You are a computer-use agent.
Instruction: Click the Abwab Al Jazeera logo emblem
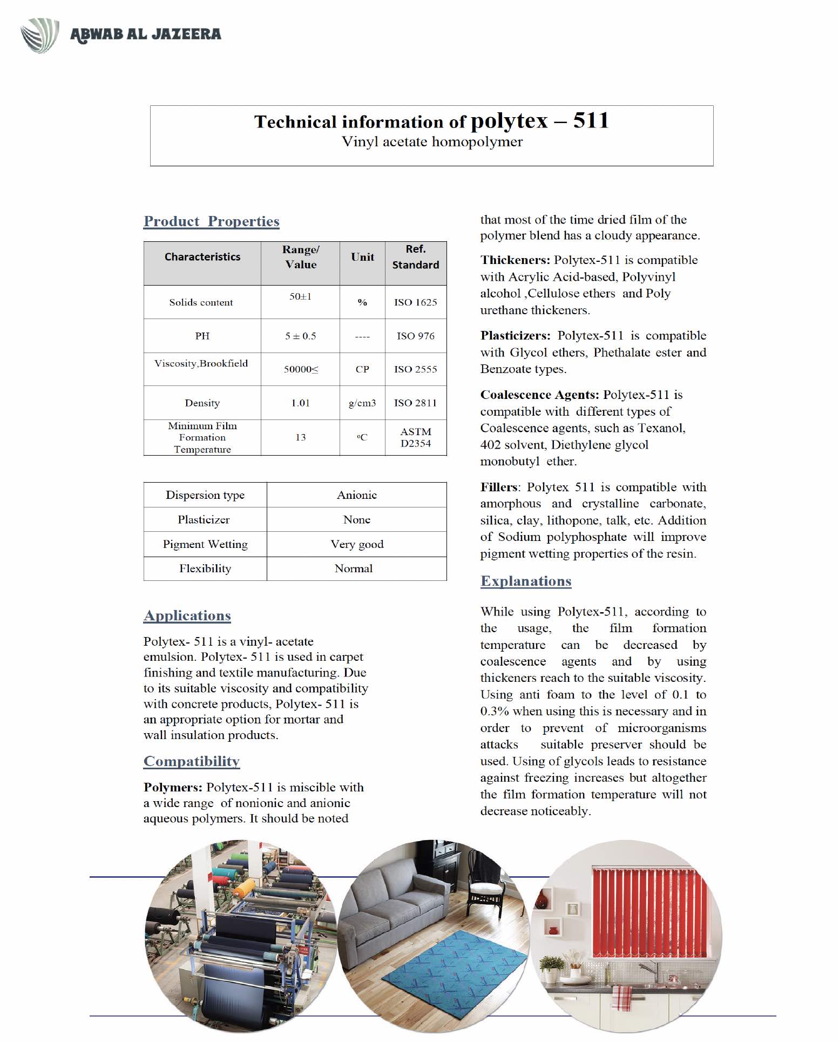point(40,35)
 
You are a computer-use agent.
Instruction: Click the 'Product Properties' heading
point(211,221)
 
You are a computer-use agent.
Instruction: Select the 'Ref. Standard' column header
point(415,257)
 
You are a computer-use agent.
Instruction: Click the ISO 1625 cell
point(415,302)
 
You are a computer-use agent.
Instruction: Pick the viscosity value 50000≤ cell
point(301,369)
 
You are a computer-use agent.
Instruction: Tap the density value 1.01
point(300,403)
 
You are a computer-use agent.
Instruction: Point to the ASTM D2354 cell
point(415,437)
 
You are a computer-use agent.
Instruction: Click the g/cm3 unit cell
point(362,403)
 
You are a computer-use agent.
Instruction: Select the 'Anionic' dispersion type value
point(356,495)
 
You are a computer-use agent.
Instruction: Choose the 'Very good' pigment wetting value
point(357,544)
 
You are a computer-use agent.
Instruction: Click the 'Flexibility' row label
point(205,568)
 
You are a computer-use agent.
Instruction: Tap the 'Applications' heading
point(187,615)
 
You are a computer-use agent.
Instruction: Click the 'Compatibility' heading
point(191,761)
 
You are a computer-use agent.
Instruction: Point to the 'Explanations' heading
point(525,581)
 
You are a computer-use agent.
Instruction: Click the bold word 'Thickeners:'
point(515,260)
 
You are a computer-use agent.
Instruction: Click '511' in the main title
point(591,120)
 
